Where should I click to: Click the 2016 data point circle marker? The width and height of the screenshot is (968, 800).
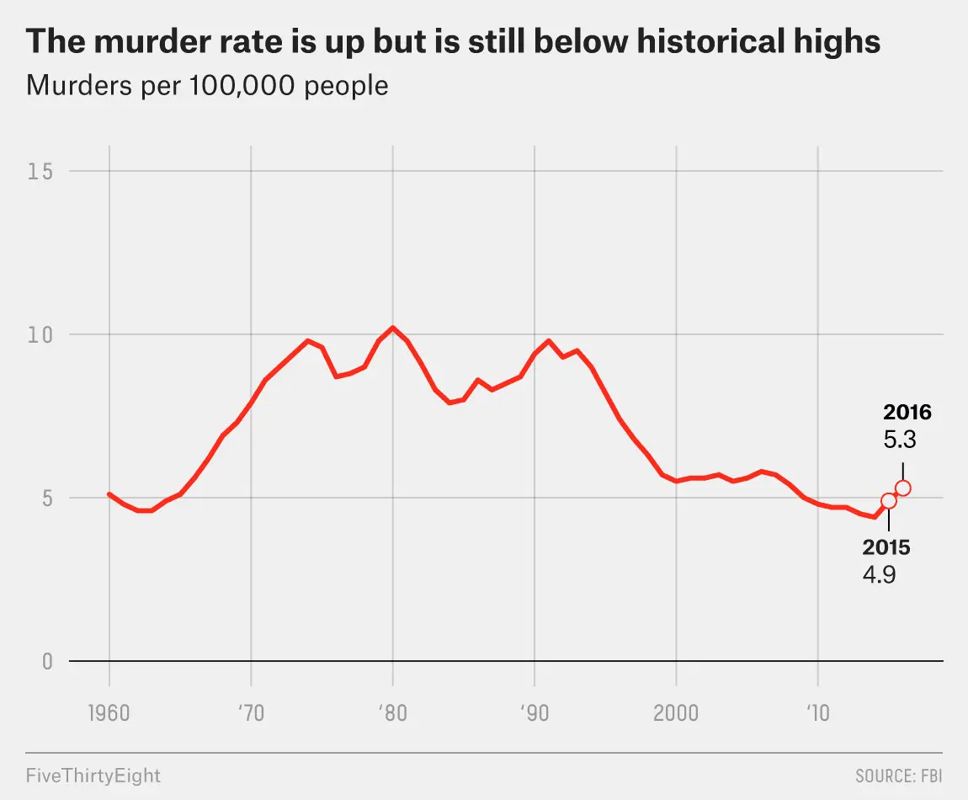pos(903,488)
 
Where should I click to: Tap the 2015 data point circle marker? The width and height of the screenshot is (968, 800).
pos(889,500)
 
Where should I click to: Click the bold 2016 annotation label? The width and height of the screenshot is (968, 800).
pos(907,413)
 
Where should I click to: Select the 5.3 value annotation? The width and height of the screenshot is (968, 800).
pos(900,440)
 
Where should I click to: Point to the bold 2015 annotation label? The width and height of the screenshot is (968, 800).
pos(886,547)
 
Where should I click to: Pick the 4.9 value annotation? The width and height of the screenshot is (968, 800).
pos(879,574)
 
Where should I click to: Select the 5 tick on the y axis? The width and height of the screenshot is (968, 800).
pos(47,498)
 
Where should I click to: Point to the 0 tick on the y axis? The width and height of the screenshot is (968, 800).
pos(47,661)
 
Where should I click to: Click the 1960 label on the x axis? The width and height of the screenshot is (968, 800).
pos(109,714)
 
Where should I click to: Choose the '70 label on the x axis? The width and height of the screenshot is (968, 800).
pos(251,714)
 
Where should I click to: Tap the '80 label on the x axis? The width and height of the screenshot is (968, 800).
pos(393,714)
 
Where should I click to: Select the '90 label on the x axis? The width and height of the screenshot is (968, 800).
pos(535,714)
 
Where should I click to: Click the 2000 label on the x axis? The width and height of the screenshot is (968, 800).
pos(677,714)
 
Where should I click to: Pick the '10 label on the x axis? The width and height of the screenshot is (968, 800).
pos(818,714)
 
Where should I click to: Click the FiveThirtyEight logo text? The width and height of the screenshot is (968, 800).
pos(93,775)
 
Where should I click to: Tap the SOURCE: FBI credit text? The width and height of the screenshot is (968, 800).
pos(898,775)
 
